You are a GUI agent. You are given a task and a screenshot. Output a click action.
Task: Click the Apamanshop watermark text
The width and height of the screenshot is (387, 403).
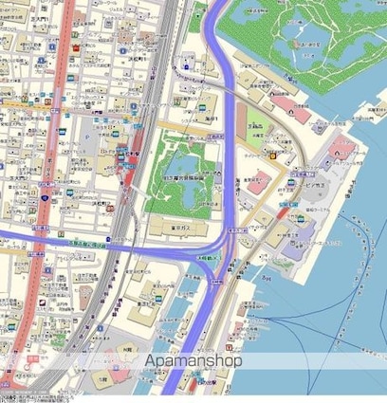coord(193,361)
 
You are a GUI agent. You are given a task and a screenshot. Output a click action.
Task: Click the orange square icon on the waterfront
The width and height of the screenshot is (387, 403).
coord(272,156)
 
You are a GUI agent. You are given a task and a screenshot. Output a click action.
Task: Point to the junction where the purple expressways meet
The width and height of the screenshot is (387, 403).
coord(225,248)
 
